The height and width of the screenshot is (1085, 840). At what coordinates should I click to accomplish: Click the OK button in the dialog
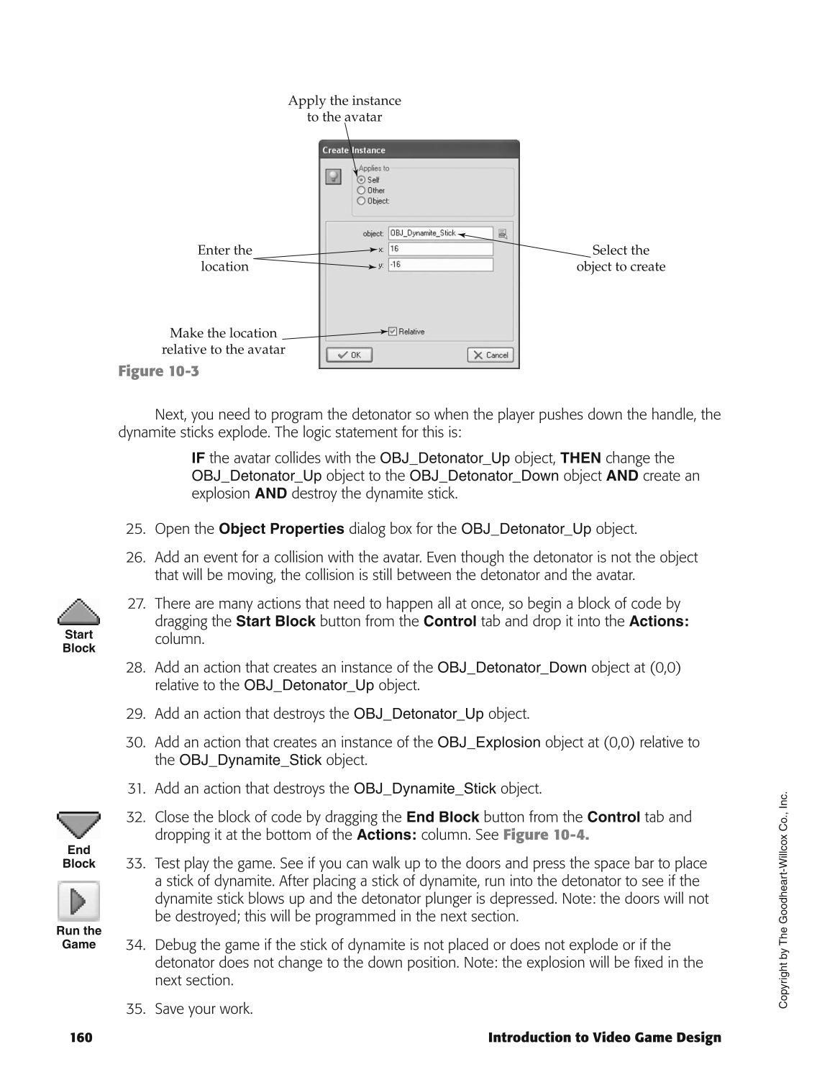pos(350,355)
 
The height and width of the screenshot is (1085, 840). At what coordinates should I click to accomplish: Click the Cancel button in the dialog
pos(490,355)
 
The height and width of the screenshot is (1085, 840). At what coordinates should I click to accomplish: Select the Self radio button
pos(362,180)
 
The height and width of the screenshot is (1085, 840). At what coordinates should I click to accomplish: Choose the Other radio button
pos(362,191)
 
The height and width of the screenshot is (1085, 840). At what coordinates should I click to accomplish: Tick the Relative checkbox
pos(393,332)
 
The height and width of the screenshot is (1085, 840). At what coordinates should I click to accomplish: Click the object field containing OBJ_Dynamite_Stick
pos(440,233)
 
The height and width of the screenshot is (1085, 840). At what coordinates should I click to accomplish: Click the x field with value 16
pos(440,249)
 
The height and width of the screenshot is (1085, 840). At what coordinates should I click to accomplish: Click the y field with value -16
pos(440,265)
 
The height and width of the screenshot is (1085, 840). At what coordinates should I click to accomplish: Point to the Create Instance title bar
pos(419,150)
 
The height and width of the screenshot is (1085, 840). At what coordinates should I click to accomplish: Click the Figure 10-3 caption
pos(158,371)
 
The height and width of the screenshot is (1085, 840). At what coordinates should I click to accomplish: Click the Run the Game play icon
pos(78,901)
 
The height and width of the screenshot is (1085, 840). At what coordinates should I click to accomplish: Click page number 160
pos(81,1038)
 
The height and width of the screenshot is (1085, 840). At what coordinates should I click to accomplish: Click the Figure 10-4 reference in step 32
pos(546,835)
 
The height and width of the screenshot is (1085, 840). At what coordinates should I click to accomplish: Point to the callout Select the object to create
pos(621,258)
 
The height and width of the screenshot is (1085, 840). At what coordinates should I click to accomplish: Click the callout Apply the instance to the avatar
pos(344,109)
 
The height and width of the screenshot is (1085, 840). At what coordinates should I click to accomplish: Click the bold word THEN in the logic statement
pos(580,458)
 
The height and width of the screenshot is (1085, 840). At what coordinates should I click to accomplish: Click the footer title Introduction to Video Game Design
pos(604,1038)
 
